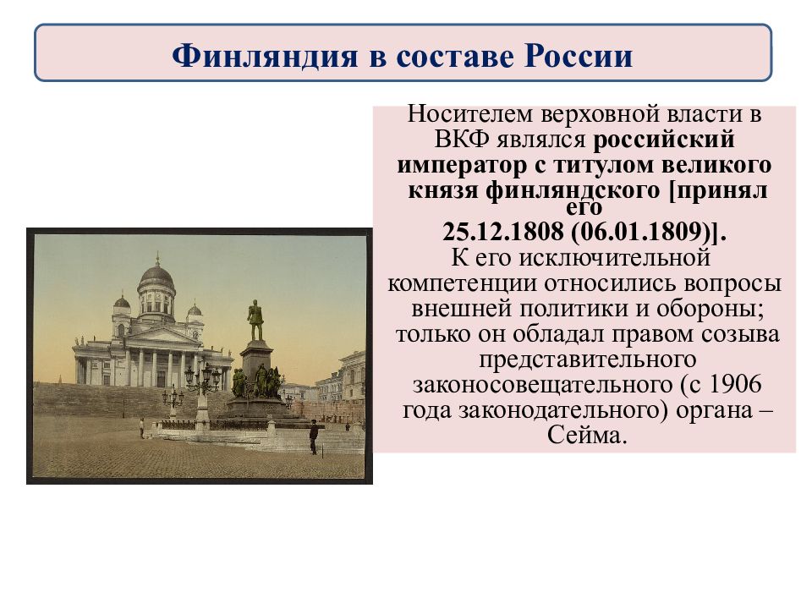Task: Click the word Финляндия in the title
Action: coord(265,56)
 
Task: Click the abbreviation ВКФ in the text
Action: coord(462,140)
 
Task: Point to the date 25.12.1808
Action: coord(502,232)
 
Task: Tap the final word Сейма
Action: coord(587,435)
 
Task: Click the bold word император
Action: coord(460,166)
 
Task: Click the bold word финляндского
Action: coord(573,191)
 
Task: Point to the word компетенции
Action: coord(463,284)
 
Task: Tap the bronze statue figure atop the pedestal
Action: coord(255,320)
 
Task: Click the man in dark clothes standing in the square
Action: coord(313,437)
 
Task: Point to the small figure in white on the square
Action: coord(142,428)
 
